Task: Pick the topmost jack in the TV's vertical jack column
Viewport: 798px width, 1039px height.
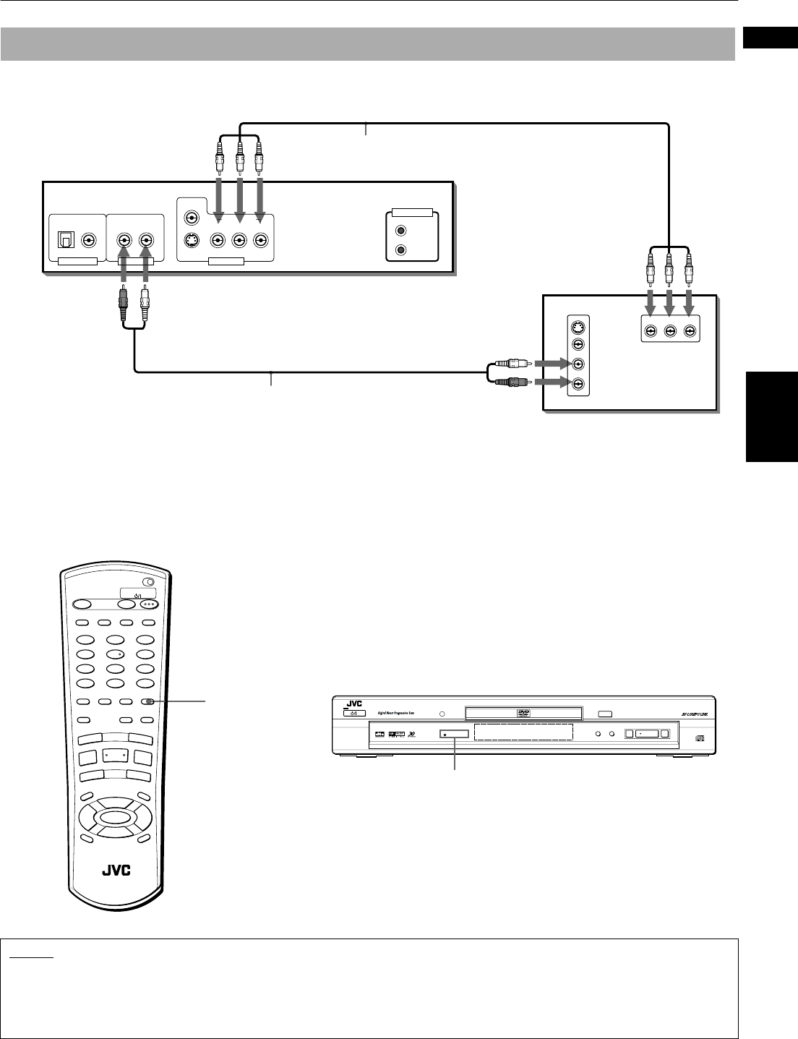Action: (x=578, y=325)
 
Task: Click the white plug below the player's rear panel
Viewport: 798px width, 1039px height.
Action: (x=146, y=298)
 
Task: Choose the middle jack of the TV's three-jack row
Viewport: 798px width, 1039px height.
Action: (x=670, y=331)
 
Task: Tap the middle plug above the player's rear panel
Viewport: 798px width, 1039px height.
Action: (x=240, y=155)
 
